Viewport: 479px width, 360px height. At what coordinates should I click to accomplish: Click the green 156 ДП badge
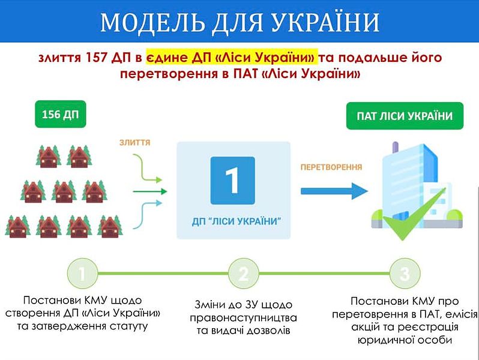(61, 114)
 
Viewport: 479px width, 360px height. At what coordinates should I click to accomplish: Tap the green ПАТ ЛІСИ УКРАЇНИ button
(405, 116)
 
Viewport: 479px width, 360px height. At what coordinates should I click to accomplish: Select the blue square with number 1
(232, 181)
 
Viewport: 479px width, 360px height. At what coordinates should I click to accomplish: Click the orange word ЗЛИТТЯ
(134, 142)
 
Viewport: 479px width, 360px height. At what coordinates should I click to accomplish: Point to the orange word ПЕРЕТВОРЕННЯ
(331, 167)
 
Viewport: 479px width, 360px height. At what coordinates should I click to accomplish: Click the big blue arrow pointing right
(334, 191)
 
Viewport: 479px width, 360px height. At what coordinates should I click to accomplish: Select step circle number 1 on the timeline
(82, 273)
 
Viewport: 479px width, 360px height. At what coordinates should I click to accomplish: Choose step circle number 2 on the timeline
(244, 273)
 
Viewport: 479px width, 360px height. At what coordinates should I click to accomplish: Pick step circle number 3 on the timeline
(405, 273)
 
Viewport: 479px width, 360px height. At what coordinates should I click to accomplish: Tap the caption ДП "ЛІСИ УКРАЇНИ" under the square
(236, 221)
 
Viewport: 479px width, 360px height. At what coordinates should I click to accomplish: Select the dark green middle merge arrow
(150, 192)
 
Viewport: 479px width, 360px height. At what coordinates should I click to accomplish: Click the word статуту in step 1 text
(128, 326)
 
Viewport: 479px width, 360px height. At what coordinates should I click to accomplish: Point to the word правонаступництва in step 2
(243, 318)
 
